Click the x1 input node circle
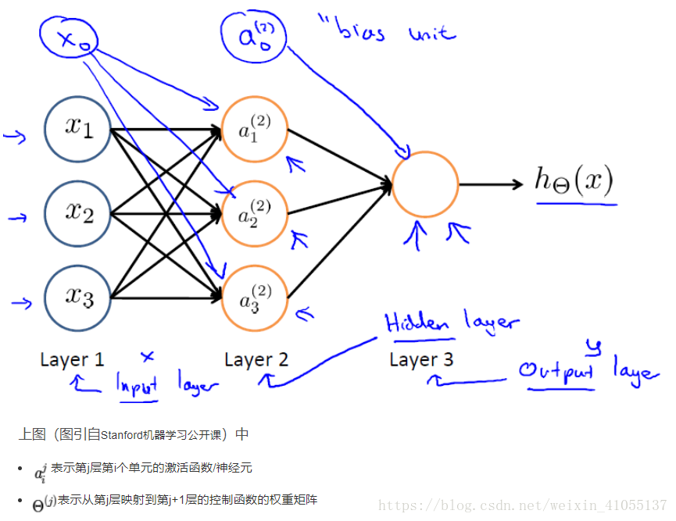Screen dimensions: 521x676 point(77,128)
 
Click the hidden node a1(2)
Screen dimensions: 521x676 point(255,128)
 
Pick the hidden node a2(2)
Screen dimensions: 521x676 point(255,212)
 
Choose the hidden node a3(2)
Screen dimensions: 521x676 point(255,298)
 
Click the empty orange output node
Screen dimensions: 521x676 point(425,185)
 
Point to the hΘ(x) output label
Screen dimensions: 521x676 point(574,180)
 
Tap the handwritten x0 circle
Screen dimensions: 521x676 point(68,39)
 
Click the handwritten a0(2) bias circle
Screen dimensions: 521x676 point(252,36)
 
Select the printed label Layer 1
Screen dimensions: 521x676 point(72,360)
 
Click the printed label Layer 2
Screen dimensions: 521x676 point(256,360)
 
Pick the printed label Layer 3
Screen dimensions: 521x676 point(421,360)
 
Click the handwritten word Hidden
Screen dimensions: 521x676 point(417,323)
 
